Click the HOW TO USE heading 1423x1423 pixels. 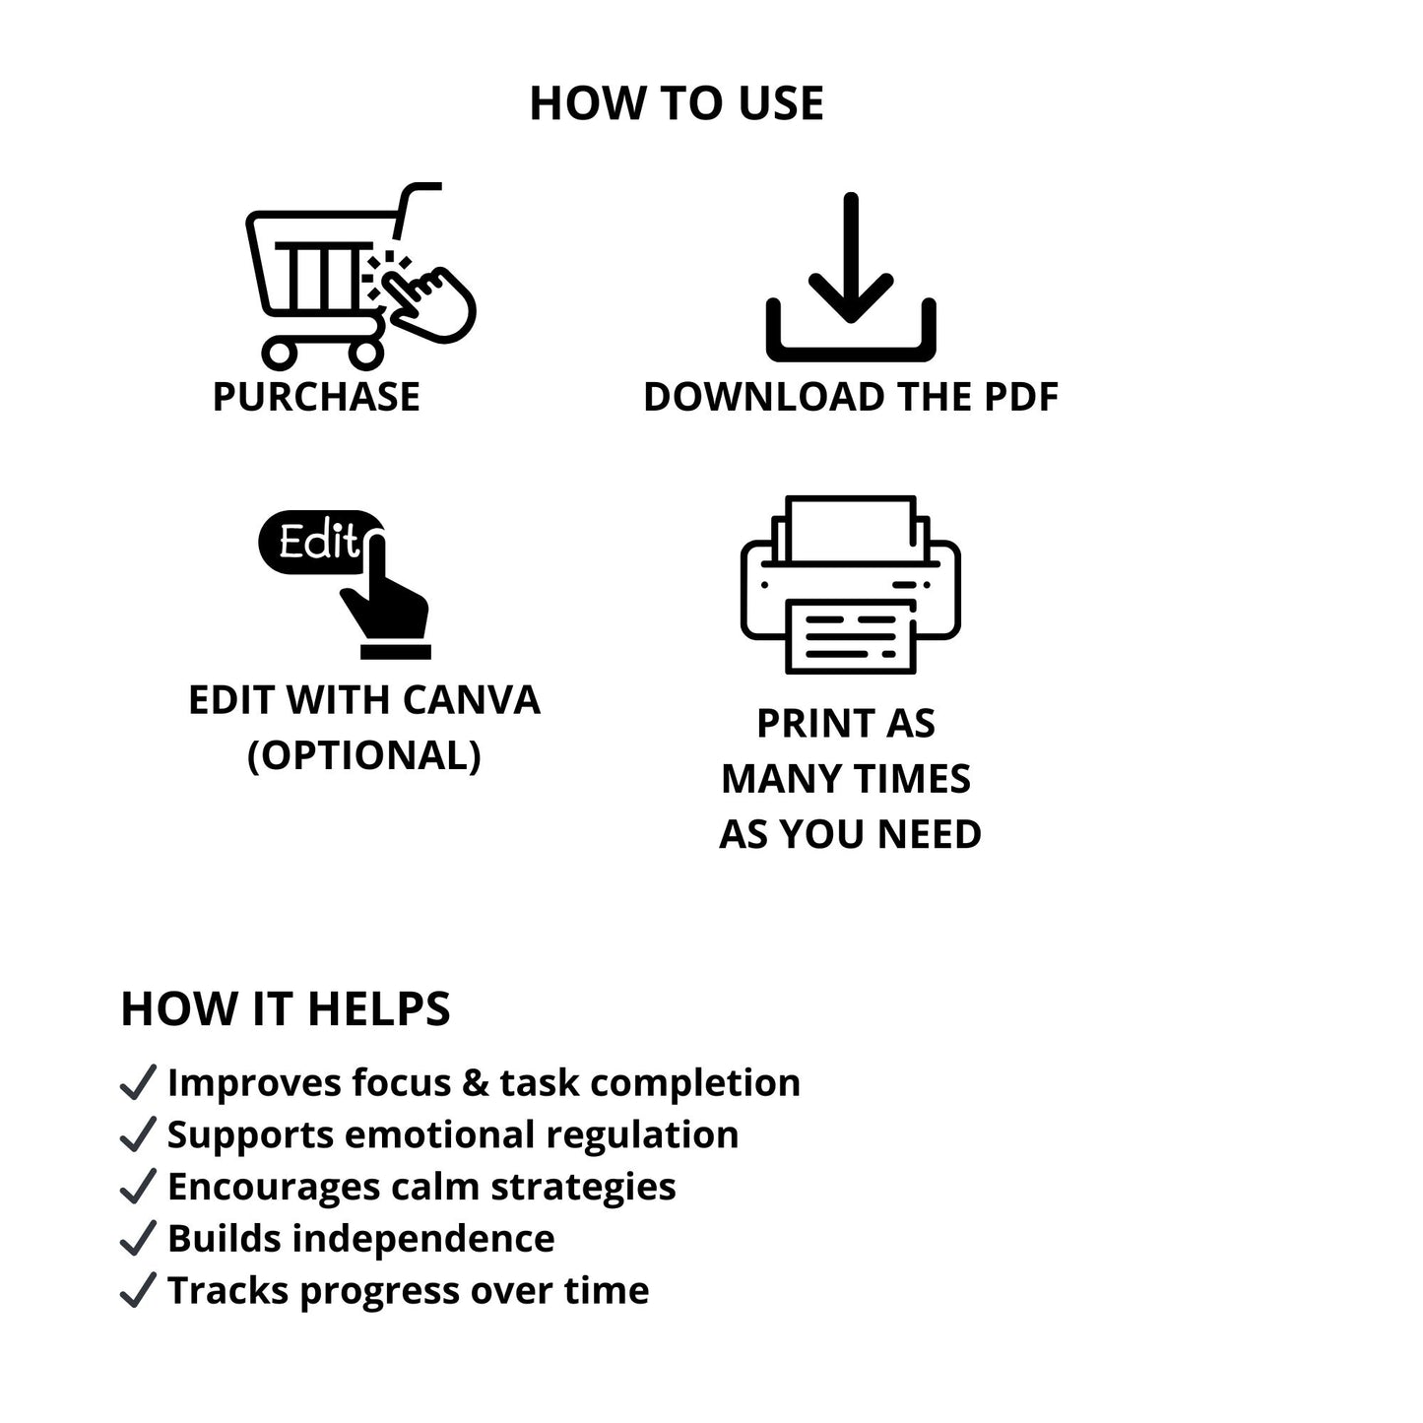click(677, 102)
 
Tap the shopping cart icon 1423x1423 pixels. click(361, 276)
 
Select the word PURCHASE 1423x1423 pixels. click(316, 397)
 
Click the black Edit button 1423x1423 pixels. click(320, 542)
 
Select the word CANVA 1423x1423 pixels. click(472, 700)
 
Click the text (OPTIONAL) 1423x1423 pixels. click(364, 755)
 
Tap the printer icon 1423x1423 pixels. click(851, 584)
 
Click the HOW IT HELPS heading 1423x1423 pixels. click(285, 1008)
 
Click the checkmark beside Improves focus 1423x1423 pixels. click(138, 1083)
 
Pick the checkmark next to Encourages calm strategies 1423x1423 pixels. click(138, 1187)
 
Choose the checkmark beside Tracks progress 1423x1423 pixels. click(138, 1291)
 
